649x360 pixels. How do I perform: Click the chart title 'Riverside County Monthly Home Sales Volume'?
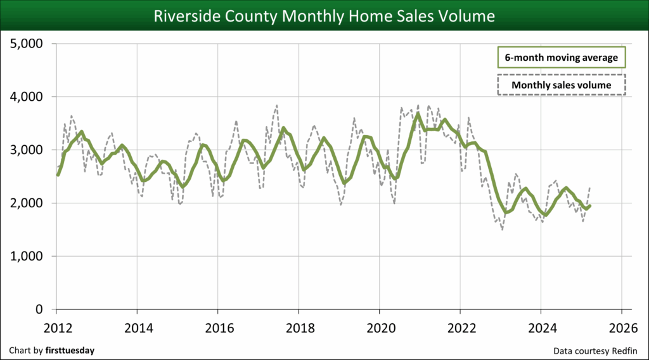point(324,15)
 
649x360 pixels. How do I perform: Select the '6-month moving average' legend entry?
point(561,57)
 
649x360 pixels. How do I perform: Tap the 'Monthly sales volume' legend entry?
point(561,85)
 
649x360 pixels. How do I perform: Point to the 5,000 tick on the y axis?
point(27,44)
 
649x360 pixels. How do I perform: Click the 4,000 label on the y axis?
point(27,97)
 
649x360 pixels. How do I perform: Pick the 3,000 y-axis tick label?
point(27,150)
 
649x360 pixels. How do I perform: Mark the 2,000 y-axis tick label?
point(27,203)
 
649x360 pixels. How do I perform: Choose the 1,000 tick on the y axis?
point(27,257)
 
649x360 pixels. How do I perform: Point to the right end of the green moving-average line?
point(590,205)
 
